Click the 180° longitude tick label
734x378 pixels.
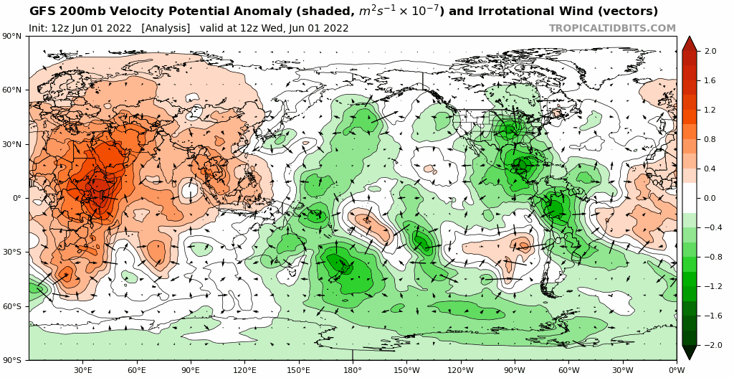(353, 370)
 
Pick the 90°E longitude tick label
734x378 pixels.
(191, 370)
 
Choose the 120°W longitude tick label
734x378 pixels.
(460, 370)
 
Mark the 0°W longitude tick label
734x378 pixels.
(676, 370)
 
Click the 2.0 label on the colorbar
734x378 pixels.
(710, 52)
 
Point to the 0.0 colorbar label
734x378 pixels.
(710, 199)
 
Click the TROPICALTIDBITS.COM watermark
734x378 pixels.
(612, 28)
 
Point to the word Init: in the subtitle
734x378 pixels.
(40, 28)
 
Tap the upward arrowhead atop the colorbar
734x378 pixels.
(689, 43)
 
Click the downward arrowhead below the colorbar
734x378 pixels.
(689, 352)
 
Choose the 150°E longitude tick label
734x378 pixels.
(299, 370)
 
